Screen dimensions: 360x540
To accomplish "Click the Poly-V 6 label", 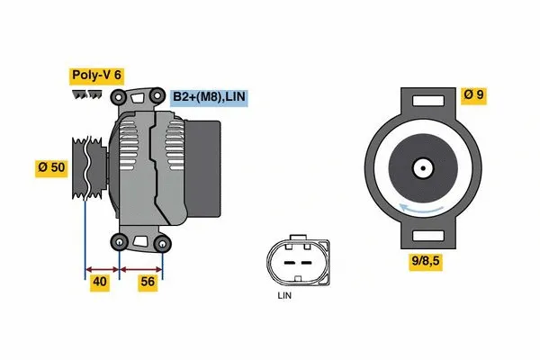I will pyautogui.click(x=96, y=76).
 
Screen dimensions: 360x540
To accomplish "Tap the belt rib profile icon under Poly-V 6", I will pyautogui.click(x=87, y=94).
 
